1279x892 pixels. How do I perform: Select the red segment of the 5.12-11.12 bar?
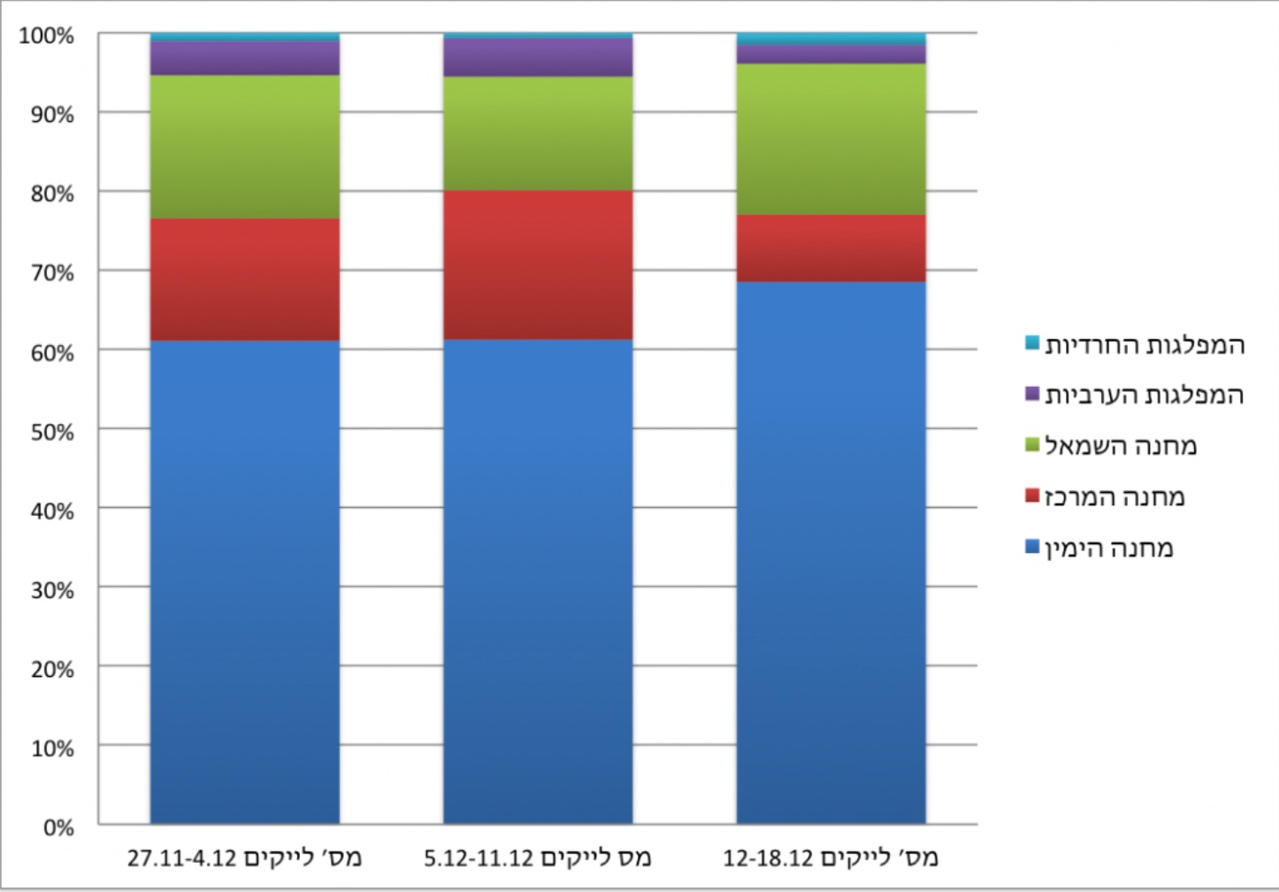(538, 265)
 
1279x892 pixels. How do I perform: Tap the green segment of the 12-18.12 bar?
(831, 139)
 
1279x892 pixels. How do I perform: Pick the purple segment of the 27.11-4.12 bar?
(245, 58)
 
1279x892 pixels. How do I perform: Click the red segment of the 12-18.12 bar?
(831, 248)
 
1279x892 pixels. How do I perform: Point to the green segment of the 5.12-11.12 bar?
(538, 134)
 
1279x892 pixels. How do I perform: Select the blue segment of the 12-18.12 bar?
(831, 552)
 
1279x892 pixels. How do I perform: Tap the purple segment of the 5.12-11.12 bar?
(538, 58)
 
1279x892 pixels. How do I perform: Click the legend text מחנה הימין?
(1109, 549)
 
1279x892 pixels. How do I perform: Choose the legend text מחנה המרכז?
(1114, 497)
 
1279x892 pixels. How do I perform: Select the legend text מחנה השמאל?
(1121, 446)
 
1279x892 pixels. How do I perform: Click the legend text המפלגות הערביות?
(1145, 395)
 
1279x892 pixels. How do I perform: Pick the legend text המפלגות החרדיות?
(1145, 344)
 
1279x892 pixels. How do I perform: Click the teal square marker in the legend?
(1032, 342)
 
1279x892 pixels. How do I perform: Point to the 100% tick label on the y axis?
(47, 36)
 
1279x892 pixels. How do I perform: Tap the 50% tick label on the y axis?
(51, 432)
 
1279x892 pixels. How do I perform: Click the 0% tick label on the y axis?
(57, 827)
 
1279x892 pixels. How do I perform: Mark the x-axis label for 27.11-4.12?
(245, 857)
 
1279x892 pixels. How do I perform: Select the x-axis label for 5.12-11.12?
(538, 857)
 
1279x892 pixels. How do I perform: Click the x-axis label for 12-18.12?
(831, 857)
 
